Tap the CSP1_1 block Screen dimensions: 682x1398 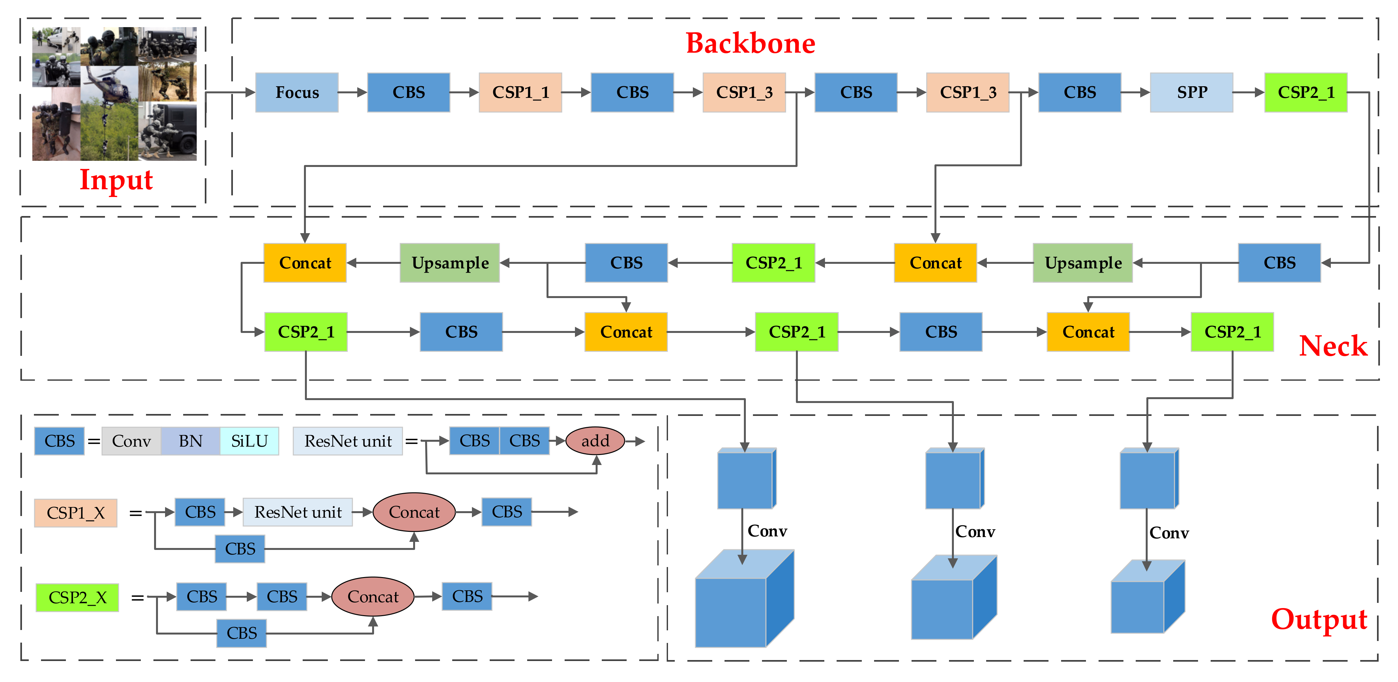520,93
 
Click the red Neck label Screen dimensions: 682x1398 1333,346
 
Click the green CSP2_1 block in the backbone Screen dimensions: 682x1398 1305,93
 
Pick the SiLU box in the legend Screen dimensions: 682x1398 249,441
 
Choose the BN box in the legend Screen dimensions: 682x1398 191,441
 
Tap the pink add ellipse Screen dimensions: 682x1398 595,441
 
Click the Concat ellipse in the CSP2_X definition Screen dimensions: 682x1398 373,597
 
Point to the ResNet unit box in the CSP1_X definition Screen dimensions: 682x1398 297,512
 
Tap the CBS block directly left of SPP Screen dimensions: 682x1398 1080,93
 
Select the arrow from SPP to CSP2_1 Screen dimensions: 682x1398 1248,93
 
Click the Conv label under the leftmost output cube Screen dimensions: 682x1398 767,531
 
